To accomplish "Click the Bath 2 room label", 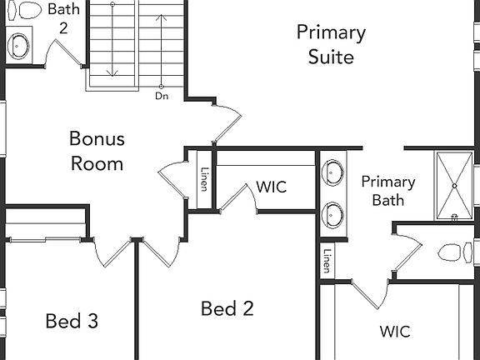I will [63, 18].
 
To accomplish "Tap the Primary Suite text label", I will [331, 45].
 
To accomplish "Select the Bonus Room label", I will [97, 151].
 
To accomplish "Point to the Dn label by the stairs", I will [162, 96].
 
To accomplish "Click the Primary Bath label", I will [388, 191].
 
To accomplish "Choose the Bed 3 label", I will [72, 321].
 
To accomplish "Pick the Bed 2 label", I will [227, 309].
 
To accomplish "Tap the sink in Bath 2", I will [18, 45].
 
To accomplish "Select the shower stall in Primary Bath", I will [455, 185].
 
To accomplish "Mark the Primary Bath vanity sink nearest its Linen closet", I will [334, 213].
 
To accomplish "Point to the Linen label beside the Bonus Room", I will [204, 180].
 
